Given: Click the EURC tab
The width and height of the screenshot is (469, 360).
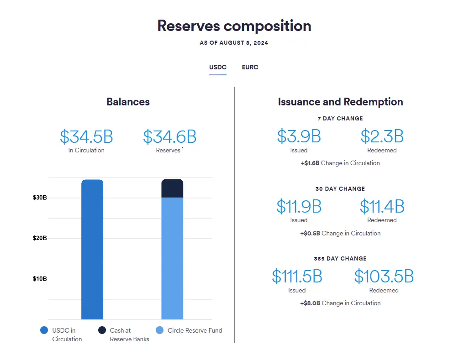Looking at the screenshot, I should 250,67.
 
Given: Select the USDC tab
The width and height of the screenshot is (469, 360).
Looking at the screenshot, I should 218,67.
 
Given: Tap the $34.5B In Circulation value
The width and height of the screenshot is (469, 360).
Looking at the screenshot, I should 86,136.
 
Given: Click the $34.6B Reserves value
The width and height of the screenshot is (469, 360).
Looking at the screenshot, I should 170,136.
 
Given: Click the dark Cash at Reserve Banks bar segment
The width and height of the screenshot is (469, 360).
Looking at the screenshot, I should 172,188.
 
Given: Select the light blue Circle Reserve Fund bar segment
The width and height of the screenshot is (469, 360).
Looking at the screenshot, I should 172,258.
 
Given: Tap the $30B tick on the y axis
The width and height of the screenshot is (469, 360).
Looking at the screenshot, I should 40,198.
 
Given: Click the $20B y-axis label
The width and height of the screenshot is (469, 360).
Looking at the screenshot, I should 40,238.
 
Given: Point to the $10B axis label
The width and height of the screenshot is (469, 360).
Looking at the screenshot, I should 40,279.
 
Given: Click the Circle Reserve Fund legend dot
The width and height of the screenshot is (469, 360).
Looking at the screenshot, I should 159,330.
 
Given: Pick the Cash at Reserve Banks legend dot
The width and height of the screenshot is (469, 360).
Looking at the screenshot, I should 102,330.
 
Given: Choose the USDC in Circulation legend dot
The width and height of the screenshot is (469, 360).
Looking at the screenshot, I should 44,330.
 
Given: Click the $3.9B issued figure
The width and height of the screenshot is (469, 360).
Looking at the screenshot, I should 299,136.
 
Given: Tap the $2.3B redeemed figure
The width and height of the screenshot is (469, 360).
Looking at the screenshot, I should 382,136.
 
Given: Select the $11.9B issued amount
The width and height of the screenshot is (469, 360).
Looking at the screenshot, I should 299,207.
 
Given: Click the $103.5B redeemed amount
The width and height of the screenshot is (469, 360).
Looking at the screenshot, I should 384,277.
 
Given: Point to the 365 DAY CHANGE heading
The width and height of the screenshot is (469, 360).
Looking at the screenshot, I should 340,259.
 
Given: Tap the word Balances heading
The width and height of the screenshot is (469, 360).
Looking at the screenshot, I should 128,101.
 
